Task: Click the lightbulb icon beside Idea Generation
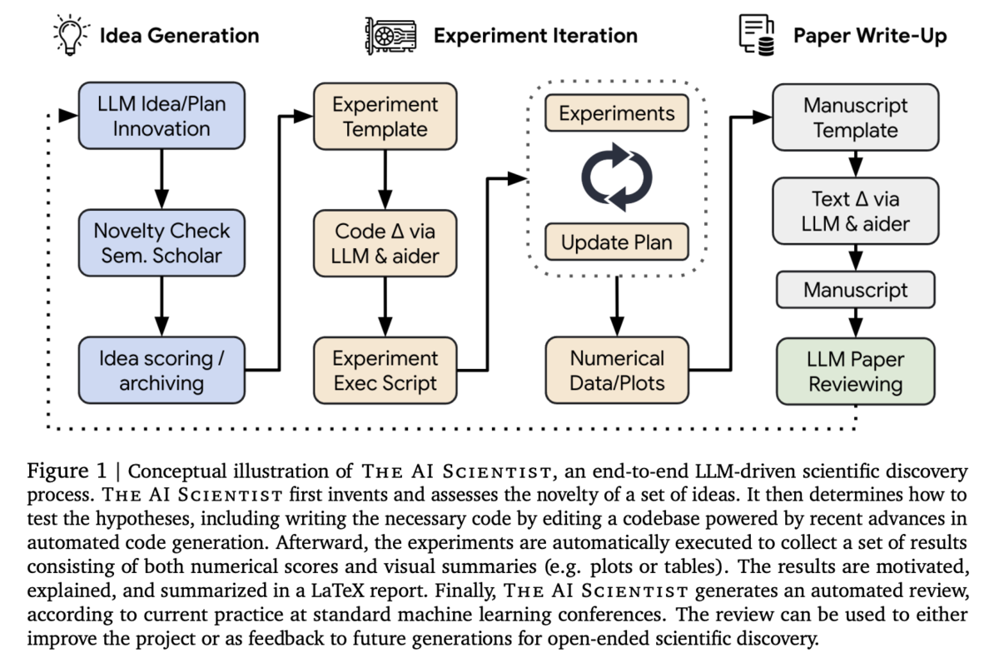[x=71, y=35]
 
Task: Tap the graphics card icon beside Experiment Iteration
[x=390, y=36]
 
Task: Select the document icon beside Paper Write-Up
[x=757, y=35]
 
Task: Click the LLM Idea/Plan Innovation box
[x=162, y=116]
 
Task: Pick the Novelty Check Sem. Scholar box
[x=162, y=242]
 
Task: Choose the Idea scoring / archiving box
[x=162, y=371]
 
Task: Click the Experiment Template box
[x=385, y=117]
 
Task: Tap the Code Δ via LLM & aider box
[x=385, y=243]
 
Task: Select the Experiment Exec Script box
[x=385, y=371]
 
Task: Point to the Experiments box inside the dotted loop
[x=617, y=113]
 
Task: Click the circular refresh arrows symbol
[x=617, y=177]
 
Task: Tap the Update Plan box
[x=617, y=242]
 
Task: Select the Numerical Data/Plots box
[x=617, y=371]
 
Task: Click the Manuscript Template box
[x=856, y=117]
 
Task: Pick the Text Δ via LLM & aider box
[x=856, y=211]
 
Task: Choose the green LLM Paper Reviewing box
[x=856, y=371]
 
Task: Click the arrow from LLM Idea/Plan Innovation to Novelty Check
[x=162, y=179]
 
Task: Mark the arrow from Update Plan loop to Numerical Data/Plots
[x=617, y=307]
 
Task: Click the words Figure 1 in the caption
[x=67, y=471]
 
